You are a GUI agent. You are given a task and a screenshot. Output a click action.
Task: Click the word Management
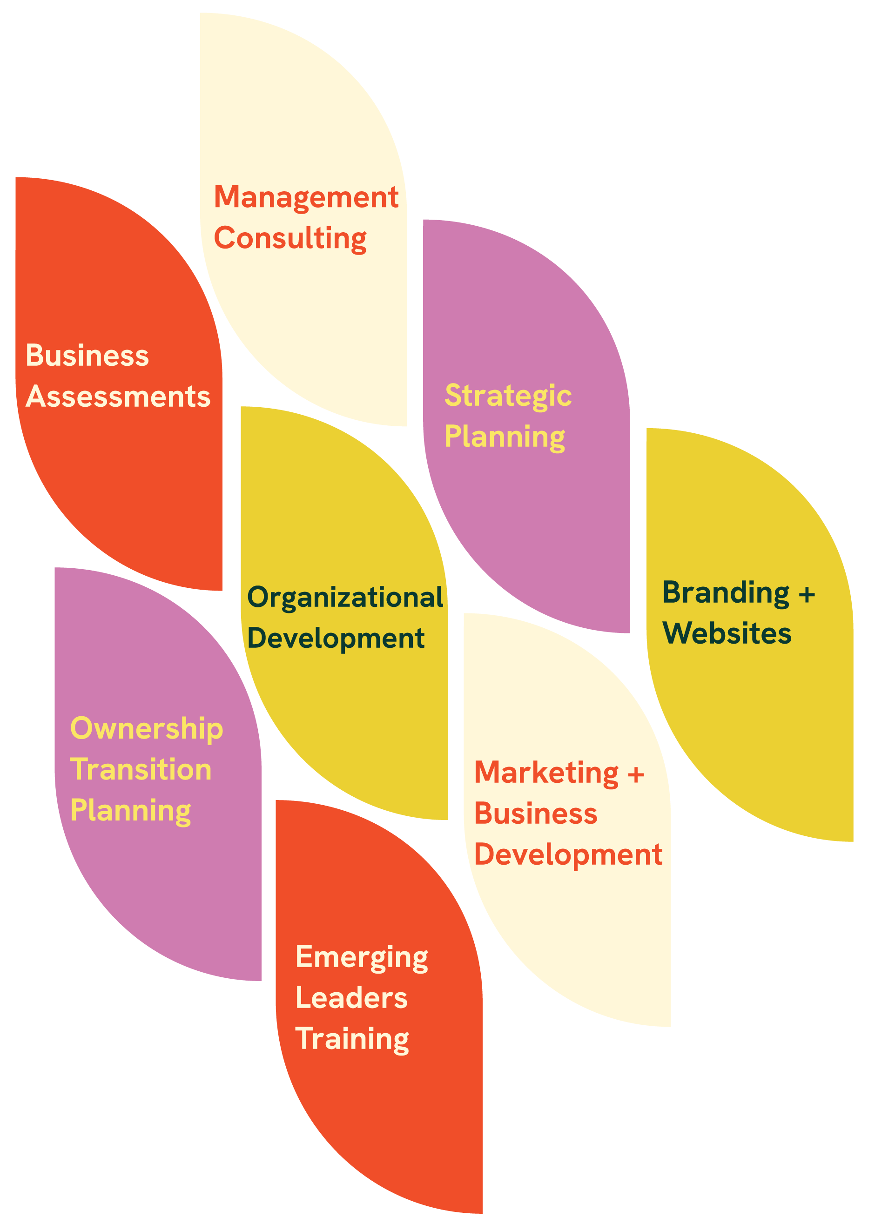(x=306, y=198)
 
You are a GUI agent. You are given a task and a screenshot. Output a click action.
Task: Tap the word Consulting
(x=290, y=239)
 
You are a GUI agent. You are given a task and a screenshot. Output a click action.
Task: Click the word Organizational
(x=345, y=598)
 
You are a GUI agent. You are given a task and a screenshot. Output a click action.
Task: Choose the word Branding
(x=726, y=593)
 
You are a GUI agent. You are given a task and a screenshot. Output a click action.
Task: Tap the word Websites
(x=727, y=633)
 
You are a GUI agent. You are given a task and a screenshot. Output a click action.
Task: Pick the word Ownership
(x=147, y=729)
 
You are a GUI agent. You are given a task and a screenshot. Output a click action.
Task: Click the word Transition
(x=141, y=769)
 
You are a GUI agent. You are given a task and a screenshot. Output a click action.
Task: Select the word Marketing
(x=546, y=773)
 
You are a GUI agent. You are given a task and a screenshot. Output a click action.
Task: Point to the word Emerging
(x=362, y=958)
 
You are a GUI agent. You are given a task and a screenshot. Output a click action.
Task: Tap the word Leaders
(x=351, y=998)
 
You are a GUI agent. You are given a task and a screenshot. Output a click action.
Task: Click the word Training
(x=352, y=1039)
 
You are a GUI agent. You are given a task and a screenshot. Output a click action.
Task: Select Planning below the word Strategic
(x=505, y=437)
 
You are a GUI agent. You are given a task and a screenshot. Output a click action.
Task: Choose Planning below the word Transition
(x=131, y=811)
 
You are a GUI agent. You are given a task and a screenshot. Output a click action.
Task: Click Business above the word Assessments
(x=87, y=356)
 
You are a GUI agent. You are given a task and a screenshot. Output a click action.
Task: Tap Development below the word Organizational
(x=336, y=639)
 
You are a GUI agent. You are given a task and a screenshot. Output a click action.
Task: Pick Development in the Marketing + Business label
(x=568, y=855)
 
